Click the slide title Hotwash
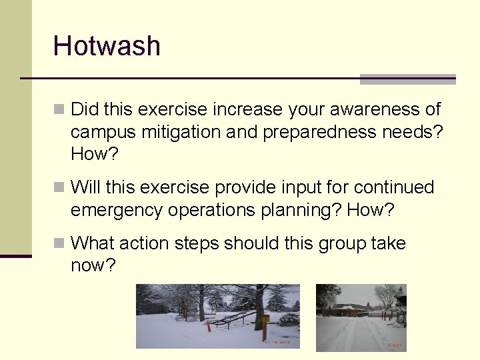pyautogui.click(x=107, y=46)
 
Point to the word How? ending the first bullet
pyautogui.click(x=93, y=154)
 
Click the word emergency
pyautogui.click(x=117, y=210)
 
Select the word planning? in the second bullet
pyautogui.click(x=301, y=210)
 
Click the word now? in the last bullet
pyautogui.click(x=93, y=265)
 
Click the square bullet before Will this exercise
pyautogui.click(x=59, y=187)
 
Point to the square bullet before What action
pyautogui.click(x=59, y=243)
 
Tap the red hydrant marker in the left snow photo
pyautogui.click(x=208, y=325)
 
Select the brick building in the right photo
pyautogui.click(x=353, y=310)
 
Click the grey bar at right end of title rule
pyautogui.click(x=407, y=79)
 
